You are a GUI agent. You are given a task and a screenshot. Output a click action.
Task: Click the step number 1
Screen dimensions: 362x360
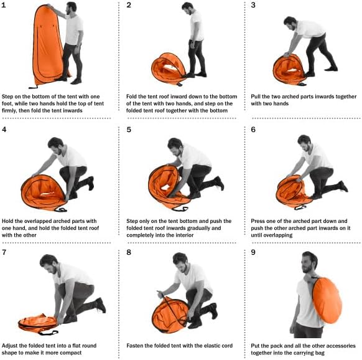point(3,5)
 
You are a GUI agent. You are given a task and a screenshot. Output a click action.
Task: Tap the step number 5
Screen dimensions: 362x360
point(129,130)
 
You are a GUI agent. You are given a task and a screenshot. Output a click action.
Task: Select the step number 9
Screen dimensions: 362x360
point(253,252)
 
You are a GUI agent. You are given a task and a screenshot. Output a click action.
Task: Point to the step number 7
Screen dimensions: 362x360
point(4,252)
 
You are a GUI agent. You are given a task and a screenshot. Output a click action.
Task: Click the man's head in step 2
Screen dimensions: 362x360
point(187,8)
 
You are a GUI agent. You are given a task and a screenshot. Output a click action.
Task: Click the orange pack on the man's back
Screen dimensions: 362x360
point(327,301)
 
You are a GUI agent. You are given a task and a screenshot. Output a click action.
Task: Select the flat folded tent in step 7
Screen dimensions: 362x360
point(38,323)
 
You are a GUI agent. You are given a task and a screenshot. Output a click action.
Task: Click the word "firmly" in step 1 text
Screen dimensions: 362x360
point(9,110)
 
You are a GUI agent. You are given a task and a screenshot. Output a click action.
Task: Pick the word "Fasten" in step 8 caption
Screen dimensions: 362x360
point(134,346)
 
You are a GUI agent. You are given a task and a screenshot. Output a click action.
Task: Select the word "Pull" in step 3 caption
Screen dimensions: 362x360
point(256,97)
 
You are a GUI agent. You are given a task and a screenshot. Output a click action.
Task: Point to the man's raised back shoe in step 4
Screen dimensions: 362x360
point(91,183)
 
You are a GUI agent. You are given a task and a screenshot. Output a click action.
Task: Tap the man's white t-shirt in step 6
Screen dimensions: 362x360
point(317,156)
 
